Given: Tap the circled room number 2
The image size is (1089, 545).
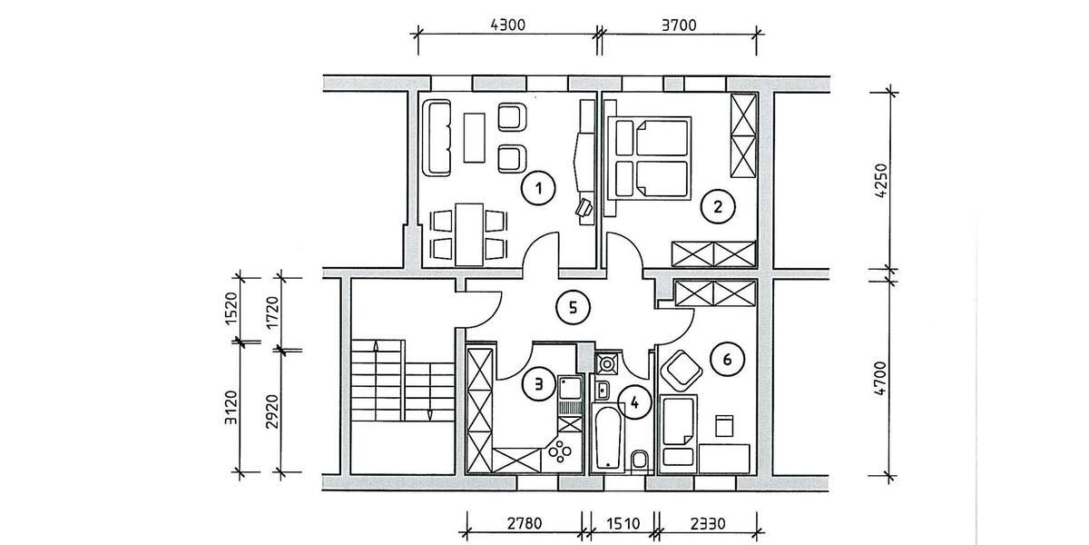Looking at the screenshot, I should [x=718, y=206].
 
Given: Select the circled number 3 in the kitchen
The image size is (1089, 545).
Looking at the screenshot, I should [x=538, y=384].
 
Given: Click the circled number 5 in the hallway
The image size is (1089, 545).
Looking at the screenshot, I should [x=572, y=307].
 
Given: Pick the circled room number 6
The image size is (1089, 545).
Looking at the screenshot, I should [x=726, y=359].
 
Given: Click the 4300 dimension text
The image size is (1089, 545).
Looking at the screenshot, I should [x=507, y=25].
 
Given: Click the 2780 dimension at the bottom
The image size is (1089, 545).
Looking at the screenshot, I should [x=524, y=524].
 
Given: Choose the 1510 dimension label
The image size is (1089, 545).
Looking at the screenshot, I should [x=622, y=524].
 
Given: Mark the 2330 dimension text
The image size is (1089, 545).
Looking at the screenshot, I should [x=707, y=524].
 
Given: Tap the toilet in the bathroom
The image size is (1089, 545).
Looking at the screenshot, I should [x=639, y=460].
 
